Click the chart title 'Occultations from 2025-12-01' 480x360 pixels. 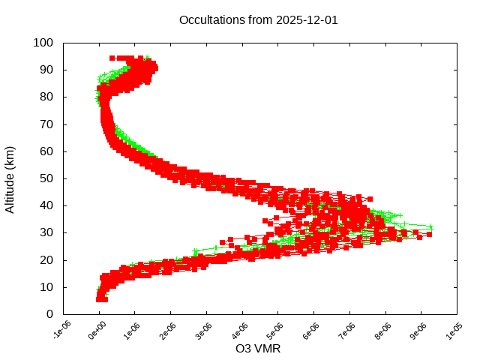pyautogui.click(x=259, y=20)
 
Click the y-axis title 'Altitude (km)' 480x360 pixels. pyautogui.click(x=10, y=178)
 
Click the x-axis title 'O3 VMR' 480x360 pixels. pyautogui.click(x=258, y=349)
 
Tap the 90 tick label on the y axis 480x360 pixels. pyautogui.click(x=46, y=70)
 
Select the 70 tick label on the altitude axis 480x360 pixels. pyautogui.click(x=46, y=124)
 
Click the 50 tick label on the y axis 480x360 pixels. pyautogui.click(x=46, y=178)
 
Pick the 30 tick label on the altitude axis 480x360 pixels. pyautogui.click(x=46, y=232)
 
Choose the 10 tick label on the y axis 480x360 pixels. pyautogui.click(x=46, y=286)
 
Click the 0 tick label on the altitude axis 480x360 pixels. pyautogui.click(x=49, y=314)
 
